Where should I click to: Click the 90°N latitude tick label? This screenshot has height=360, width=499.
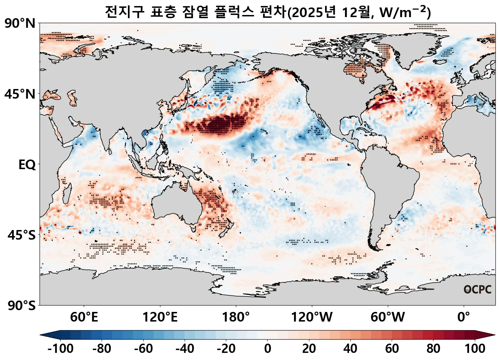20,24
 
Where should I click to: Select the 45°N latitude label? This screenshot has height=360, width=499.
20,94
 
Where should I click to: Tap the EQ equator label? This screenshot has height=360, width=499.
27,165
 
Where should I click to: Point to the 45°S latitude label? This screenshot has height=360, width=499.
21,235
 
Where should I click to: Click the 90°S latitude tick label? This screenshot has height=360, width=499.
21,306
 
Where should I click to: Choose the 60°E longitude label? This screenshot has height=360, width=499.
84,317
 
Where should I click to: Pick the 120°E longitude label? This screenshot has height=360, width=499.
160,317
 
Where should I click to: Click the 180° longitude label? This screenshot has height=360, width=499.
236,317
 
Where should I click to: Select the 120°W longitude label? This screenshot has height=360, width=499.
312,317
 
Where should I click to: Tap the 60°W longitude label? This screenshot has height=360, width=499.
387,317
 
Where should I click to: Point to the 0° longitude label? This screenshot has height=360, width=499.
463,317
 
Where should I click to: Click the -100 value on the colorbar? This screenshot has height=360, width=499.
60,349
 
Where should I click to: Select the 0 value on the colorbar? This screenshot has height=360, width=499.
267,349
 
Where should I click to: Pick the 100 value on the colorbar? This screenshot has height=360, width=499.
474,349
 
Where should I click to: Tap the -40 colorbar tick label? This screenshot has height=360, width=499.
185,349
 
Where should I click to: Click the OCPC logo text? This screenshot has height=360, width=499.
477,289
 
